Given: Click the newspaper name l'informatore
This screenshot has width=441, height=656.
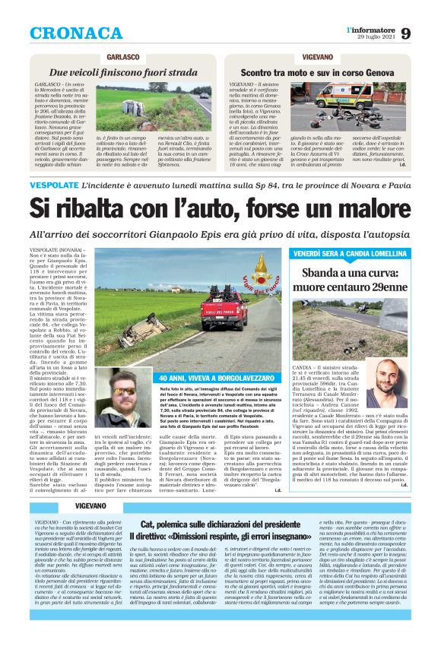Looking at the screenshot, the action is point(372,29).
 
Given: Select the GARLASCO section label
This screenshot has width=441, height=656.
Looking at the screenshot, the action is point(122,57).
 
